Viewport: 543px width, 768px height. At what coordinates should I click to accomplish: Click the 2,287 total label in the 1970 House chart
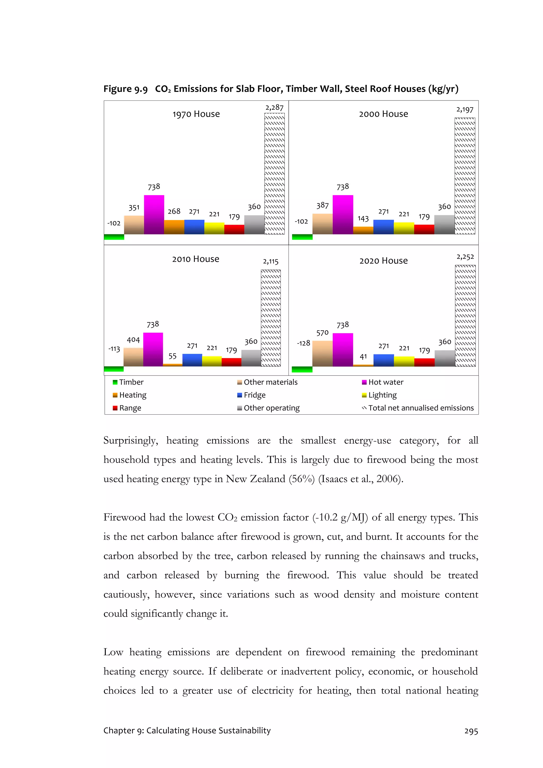point(274,107)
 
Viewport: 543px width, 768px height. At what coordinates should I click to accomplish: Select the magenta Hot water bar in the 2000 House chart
point(343,215)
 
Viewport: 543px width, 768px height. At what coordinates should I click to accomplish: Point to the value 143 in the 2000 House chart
point(363,218)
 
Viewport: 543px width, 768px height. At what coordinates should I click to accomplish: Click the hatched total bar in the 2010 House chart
point(271,318)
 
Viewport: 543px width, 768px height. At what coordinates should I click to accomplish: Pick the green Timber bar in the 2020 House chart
point(302,369)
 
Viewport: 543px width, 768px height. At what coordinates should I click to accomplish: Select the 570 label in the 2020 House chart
point(322,333)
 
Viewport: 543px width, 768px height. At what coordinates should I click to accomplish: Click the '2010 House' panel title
point(196,259)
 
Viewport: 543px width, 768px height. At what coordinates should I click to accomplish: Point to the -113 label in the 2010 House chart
point(114,349)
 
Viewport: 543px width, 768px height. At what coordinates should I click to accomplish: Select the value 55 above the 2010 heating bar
point(172,356)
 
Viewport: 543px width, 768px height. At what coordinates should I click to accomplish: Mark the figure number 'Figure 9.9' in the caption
point(125,89)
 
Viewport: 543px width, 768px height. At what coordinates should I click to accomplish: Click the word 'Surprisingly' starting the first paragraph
point(130,441)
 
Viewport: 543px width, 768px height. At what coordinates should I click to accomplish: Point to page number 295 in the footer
point(471,731)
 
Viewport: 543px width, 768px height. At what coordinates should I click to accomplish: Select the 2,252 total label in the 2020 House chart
point(465,257)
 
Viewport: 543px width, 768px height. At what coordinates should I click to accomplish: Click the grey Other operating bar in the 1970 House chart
point(254,225)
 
